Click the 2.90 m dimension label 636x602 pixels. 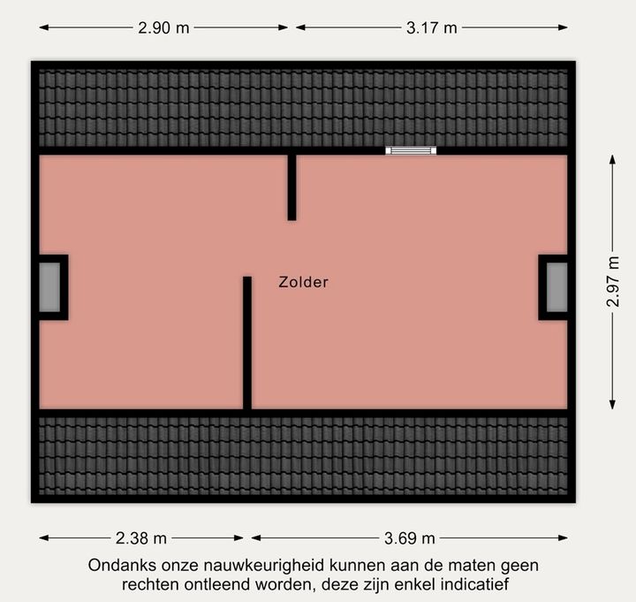(163, 28)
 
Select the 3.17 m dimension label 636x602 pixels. (432, 28)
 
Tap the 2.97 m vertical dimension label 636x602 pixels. (613, 281)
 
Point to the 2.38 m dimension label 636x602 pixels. (141, 538)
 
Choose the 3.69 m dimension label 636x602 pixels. (410, 538)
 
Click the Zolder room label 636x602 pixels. (303, 282)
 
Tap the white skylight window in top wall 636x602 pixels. (411, 150)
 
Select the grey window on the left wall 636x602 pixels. (49, 287)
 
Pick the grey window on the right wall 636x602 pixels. (556, 287)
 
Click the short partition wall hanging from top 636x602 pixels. (291, 187)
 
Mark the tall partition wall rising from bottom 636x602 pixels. (247, 343)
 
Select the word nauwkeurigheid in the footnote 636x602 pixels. (265, 566)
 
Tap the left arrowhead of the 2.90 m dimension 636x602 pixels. (44, 27)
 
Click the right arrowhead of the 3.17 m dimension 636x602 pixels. (563, 27)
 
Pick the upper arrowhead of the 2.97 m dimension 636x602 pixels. (612, 159)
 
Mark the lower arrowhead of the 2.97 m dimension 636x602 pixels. (612, 404)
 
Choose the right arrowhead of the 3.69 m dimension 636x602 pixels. (563, 537)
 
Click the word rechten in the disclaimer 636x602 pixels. (151, 584)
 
